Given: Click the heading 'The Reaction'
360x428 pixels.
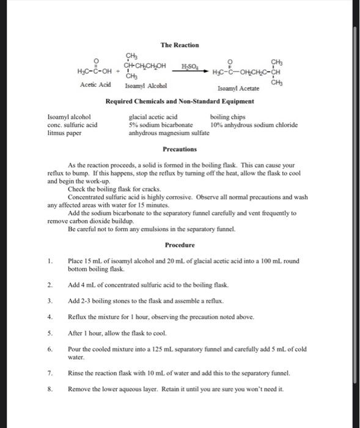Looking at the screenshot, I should coord(180,45).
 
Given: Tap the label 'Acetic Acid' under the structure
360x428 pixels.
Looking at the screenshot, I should coord(95,86).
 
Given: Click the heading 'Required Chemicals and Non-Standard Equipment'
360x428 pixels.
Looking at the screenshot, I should coord(180,101).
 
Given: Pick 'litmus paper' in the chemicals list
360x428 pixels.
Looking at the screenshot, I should coord(65,133).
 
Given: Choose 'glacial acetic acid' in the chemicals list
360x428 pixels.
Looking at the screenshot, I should coord(153,116).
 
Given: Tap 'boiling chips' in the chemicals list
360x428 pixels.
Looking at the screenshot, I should coord(227,116).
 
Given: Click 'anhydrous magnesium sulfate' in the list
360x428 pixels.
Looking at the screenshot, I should coord(169,133).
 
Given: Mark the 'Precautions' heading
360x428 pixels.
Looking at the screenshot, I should coord(180,149).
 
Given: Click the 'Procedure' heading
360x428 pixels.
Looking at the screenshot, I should coord(180,245).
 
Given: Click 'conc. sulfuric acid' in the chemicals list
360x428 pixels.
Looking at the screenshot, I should coord(73,125).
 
